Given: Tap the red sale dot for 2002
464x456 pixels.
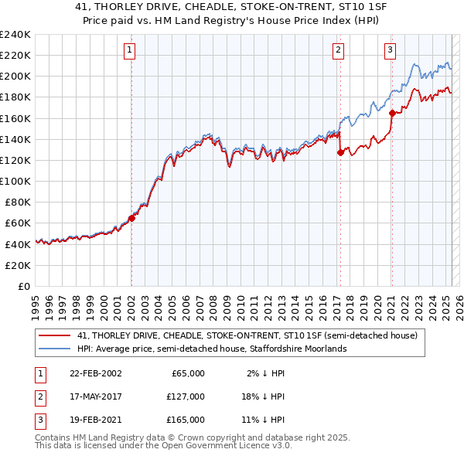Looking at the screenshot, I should [x=131, y=218].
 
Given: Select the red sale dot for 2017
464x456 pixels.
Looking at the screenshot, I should [x=340, y=153].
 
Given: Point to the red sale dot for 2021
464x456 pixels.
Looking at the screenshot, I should [x=392, y=113].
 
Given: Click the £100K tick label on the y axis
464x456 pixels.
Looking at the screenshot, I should [x=15, y=181].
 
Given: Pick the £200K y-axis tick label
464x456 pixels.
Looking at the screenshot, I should [x=15, y=77].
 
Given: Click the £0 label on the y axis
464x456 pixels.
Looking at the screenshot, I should [x=22, y=286].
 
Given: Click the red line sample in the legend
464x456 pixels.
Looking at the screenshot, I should [x=54, y=336].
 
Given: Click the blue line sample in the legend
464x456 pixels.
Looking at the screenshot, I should [x=54, y=349].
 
